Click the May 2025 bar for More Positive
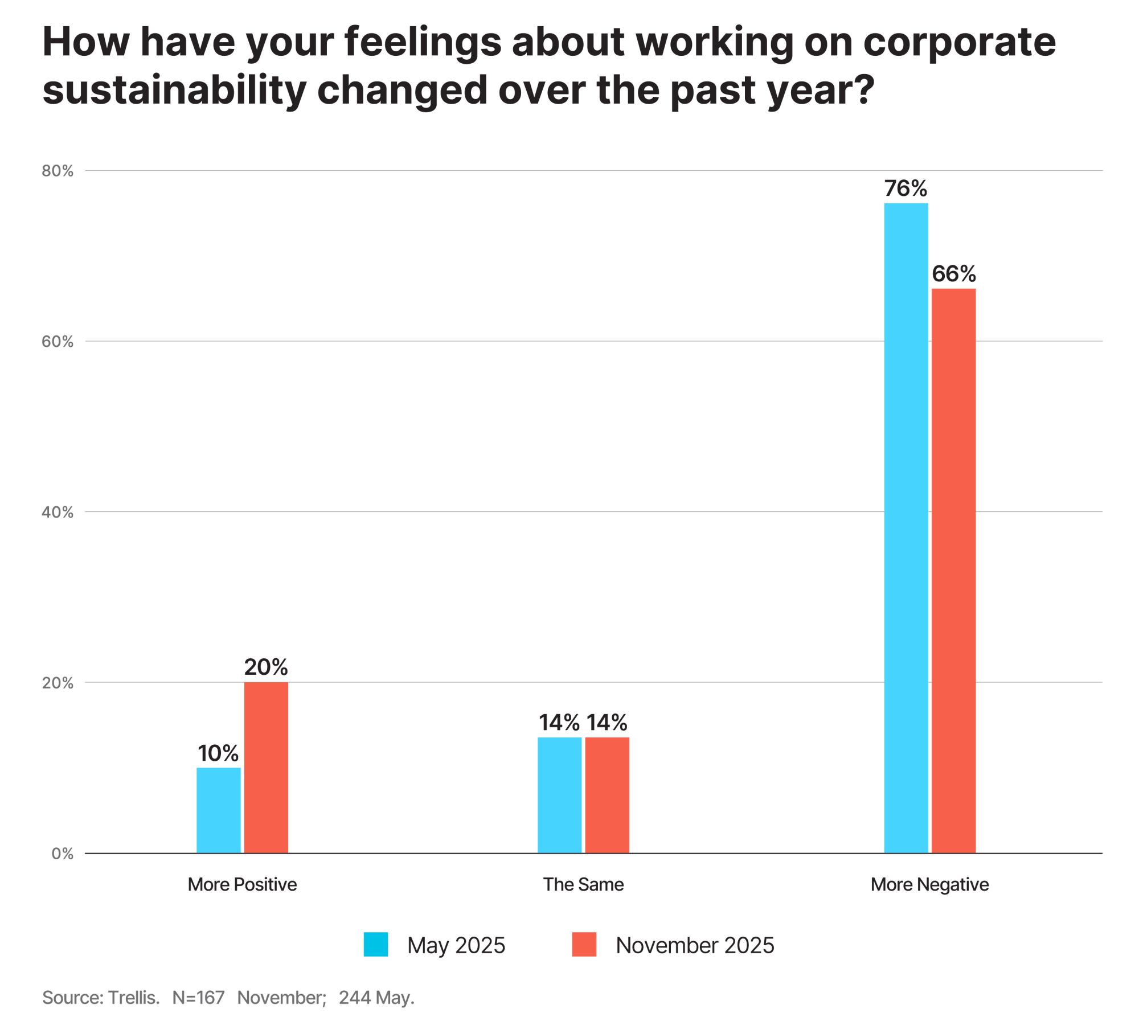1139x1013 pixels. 218,810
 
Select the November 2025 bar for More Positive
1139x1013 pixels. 266,767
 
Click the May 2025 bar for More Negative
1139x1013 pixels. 906,527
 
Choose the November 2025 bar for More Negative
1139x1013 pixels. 953,570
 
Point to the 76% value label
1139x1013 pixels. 906,188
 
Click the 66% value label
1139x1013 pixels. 953,274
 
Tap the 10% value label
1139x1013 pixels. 218,753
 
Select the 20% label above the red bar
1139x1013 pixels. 266,667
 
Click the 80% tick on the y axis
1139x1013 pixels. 58,171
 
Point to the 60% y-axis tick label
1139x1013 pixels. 58,342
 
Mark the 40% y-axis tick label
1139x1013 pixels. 58,512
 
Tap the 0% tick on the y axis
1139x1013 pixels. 62,853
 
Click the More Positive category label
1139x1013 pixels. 242,884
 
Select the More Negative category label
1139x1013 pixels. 929,884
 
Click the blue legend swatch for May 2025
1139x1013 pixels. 376,944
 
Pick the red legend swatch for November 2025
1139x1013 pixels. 584,944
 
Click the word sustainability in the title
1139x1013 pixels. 174,90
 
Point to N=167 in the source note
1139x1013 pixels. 198,997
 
